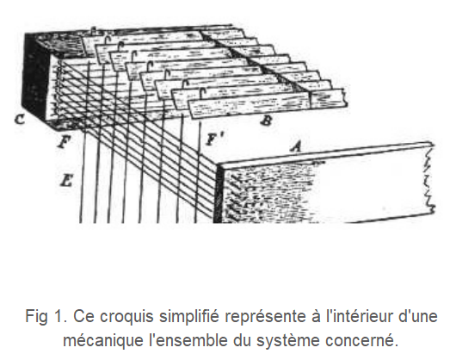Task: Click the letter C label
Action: click(20, 119)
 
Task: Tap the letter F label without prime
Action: click(64, 141)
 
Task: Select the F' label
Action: click(213, 140)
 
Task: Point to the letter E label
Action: click(66, 181)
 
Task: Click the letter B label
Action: click(266, 121)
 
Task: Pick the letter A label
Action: click(297, 146)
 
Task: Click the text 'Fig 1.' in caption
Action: click(46, 317)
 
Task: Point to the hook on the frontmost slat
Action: click(203, 94)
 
